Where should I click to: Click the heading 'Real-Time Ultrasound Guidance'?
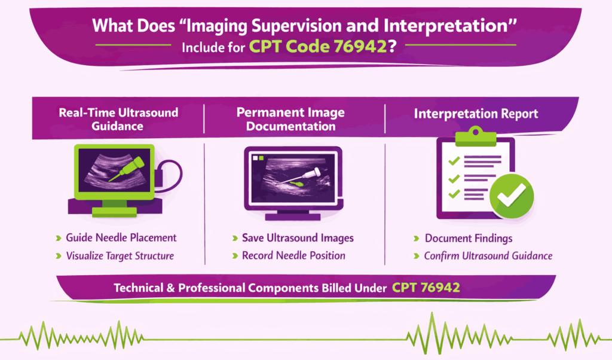point(118,118)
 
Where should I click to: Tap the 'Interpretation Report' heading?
point(475,114)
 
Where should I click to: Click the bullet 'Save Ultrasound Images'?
point(298,237)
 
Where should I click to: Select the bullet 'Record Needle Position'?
point(293,255)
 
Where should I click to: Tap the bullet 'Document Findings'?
point(469,238)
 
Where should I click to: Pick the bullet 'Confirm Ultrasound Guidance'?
point(488,256)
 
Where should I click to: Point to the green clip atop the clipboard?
point(476,137)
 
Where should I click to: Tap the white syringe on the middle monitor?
point(308,175)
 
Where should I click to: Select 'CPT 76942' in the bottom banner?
point(426,288)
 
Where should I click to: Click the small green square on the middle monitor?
point(260,158)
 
